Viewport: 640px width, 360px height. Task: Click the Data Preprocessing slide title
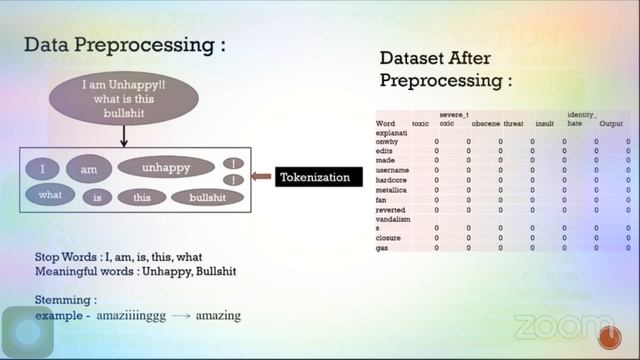pos(124,45)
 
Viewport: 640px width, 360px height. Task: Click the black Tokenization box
pos(314,177)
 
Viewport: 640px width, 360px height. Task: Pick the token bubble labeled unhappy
pos(166,167)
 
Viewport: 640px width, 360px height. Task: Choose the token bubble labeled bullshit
pos(207,198)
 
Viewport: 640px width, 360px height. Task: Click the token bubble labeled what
pos(50,196)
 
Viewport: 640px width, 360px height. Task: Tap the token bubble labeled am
pos(89,169)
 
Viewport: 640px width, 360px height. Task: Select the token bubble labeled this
pos(141,198)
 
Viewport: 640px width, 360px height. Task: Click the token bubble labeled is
pos(98,198)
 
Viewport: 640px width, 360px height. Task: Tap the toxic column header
pos(420,123)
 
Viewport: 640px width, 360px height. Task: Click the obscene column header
pos(485,123)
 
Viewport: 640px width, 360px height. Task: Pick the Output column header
pos(610,123)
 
